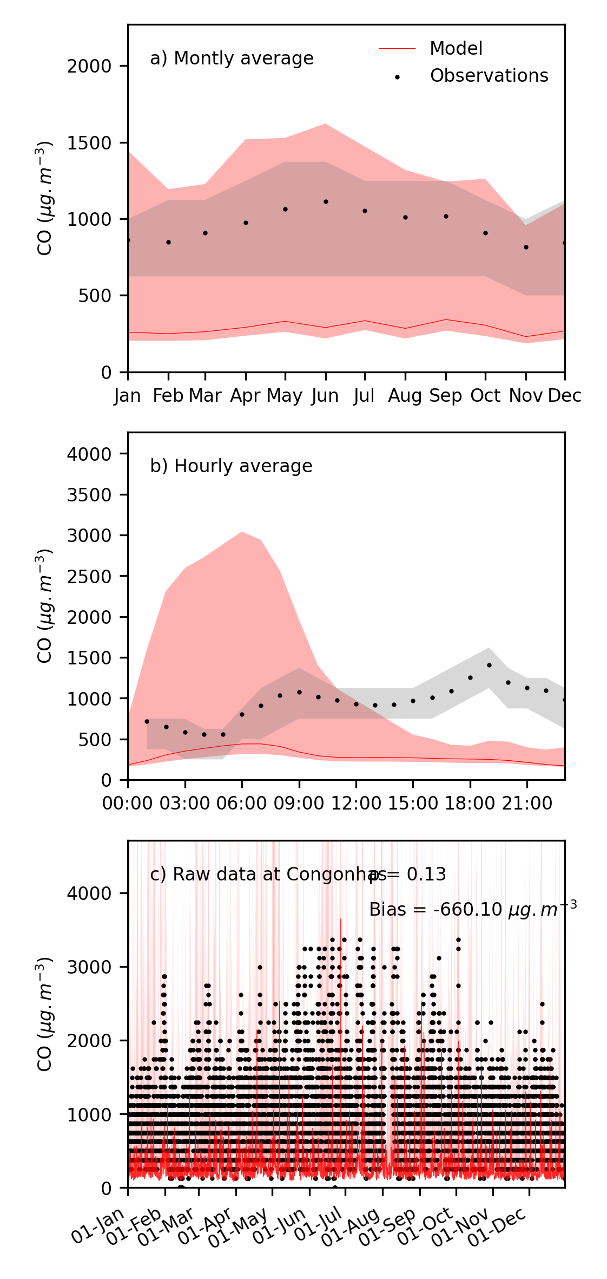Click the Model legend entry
point(456,49)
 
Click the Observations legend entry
point(489,76)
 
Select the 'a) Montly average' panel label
point(232,58)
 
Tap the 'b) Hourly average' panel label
point(231,466)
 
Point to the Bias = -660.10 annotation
point(472,909)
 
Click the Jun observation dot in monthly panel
point(326,202)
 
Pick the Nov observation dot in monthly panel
point(526,247)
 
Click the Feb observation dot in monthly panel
point(169,243)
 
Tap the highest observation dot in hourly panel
point(489,665)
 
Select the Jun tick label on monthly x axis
point(325,396)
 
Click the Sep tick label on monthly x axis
point(446,396)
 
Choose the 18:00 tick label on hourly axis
point(470,803)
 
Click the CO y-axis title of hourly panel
point(44,606)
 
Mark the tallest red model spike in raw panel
point(341,921)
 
